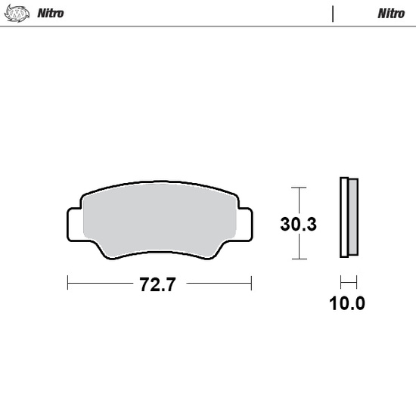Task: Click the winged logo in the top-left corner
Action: (17, 13)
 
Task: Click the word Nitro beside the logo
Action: (51, 13)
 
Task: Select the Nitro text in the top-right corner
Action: (390, 13)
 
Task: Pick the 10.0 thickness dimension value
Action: (348, 304)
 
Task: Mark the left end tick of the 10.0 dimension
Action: (341, 284)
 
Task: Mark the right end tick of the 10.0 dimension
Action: (355, 284)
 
